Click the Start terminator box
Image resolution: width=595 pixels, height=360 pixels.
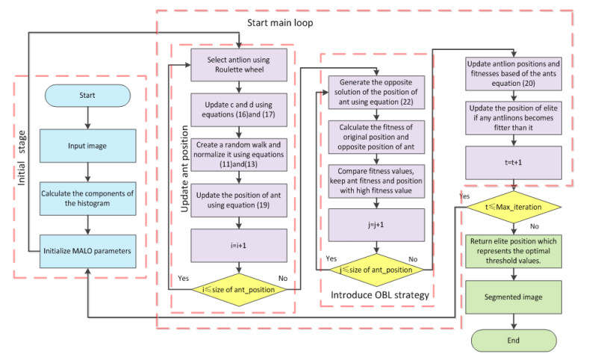pos(89,97)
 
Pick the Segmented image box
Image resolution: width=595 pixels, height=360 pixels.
pos(514,298)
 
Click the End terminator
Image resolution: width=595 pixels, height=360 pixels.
pos(514,342)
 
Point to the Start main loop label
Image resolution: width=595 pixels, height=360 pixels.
pos(281,23)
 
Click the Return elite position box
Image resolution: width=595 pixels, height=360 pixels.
pos(514,253)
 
